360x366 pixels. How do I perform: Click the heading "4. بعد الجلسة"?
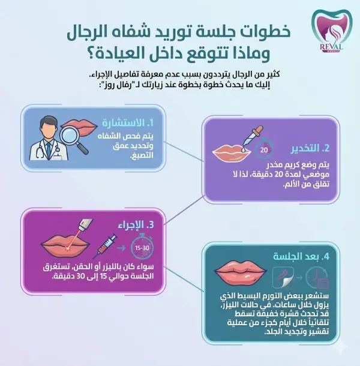pos(300,257)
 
